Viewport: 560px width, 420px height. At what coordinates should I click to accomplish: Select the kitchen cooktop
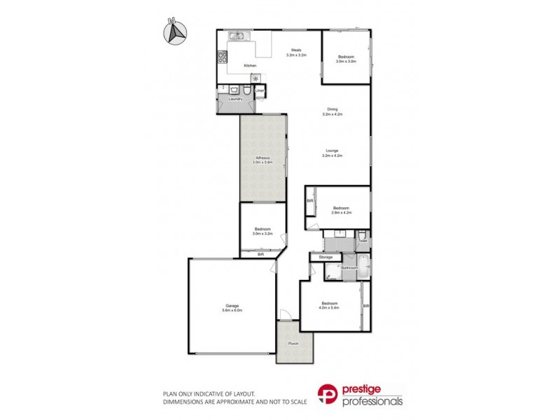(x=223, y=58)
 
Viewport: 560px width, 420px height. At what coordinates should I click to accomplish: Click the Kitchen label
(x=249, y=66)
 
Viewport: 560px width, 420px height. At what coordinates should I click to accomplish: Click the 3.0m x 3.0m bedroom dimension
(x=346, y=62)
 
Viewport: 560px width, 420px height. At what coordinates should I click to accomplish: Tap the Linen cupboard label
(x=260, y=90)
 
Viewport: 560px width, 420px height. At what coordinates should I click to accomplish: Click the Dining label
(x=333, y=108)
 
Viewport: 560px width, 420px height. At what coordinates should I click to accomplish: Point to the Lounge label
(x=332, y=150)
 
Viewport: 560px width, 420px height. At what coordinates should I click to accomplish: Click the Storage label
(x=325, y=258)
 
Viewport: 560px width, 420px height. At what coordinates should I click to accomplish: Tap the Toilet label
(x=363, y=241)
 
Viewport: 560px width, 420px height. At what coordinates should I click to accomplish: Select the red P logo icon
(x=329, y=393)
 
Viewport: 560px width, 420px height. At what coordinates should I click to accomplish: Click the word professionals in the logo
(x=372, y=401)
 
